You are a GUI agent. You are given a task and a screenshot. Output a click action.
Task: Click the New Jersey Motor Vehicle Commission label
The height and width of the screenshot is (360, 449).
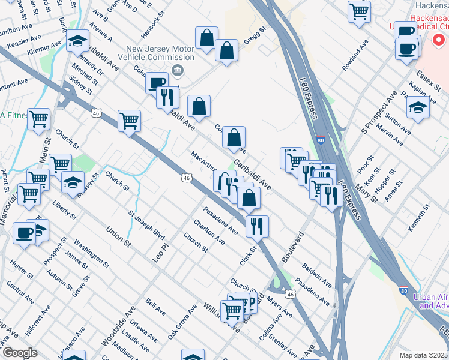point(159,53)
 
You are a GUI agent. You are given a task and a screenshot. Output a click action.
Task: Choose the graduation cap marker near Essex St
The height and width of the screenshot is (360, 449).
point(418,108)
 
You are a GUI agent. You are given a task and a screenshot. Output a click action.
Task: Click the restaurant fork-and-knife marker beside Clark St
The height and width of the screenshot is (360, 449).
point(257,226)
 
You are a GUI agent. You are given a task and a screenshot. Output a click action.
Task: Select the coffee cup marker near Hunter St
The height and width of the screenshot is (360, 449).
point(24,233)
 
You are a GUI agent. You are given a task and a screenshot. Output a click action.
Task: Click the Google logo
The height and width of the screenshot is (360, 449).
point(20,353)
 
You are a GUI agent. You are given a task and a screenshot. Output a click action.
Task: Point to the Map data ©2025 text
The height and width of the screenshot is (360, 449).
point(423,355)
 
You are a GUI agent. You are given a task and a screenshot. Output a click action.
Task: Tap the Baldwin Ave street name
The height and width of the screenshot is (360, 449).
point(318,274)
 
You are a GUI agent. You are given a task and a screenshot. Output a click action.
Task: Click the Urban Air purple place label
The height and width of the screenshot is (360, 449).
point(430,301)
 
